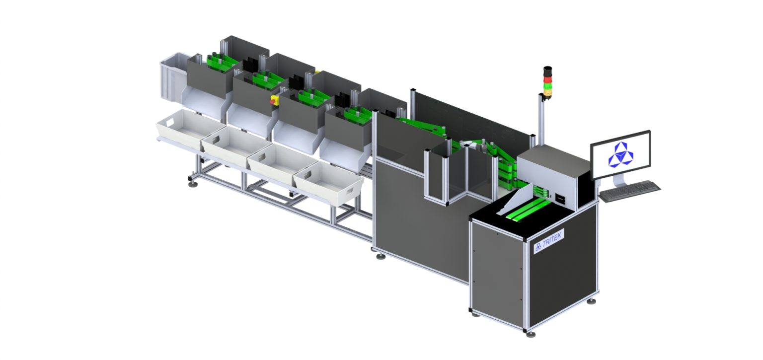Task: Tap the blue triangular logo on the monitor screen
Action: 620,154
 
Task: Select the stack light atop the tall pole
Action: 547,81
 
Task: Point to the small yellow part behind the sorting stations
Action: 316,72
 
